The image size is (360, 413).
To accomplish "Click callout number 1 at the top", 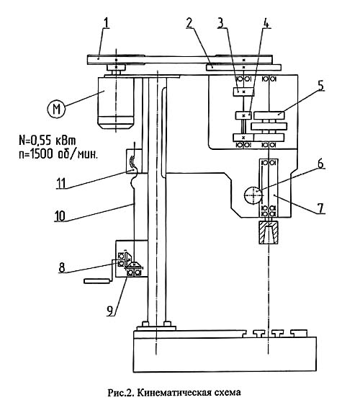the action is (x=106, y=23).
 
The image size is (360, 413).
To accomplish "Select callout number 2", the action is (x=190, y=23).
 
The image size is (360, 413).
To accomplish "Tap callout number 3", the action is (x=220, y=23).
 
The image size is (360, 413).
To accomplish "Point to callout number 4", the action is (x=266, y=23).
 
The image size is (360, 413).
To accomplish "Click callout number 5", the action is (x=321, y=86).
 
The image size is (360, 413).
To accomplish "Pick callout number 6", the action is (x=320, y=164).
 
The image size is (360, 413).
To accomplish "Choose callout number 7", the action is (x=320, y=208).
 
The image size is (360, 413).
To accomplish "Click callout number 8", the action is (x=62, y=267).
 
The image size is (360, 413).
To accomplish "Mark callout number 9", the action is (x=110, y=311).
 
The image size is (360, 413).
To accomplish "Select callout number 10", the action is (x=60, y=216).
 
